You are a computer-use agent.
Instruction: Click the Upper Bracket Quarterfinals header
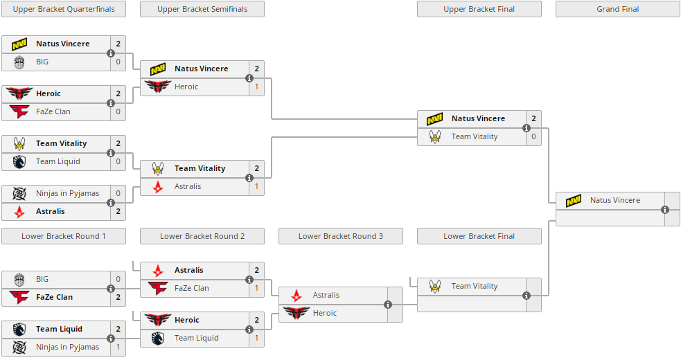click(x=64, y=9)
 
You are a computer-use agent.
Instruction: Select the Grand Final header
click(x=617, y=9)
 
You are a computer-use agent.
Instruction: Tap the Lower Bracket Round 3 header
click(x=340, y=236)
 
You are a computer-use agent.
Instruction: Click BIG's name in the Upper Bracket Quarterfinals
click(x=42, y=62)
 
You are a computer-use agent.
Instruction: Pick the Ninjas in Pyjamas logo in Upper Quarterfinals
click(x=19, y=193)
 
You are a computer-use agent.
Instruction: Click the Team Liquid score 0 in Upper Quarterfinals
click(x=118, y=161)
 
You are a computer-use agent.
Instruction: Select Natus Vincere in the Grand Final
click(x=614, y=200)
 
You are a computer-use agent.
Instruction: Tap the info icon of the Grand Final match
click(x=665, y=209)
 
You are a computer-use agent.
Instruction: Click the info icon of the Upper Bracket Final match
click(x=527, y=127)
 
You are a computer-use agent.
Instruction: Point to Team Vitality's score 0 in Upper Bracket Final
click(x=533, y=136)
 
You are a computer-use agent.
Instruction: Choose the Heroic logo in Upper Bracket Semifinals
click(x=158, y=87)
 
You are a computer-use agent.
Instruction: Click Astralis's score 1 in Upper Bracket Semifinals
click(x=256, y=186)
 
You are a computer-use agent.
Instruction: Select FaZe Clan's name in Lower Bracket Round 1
click(x=54, y=297)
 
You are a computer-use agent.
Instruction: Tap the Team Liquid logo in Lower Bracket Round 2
click(x=158, y=338)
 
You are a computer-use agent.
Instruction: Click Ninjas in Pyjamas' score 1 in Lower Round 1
click(x=118, y=347)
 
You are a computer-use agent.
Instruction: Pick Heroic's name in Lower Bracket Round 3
click(x=324, y=313)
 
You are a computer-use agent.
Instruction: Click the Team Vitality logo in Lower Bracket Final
click(x=435, y=286)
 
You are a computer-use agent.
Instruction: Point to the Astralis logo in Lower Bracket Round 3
click(x=297, y=295)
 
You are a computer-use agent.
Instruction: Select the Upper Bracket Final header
click(x=479, y=9)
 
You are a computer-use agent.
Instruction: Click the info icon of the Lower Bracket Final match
click(x=527, y=295)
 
